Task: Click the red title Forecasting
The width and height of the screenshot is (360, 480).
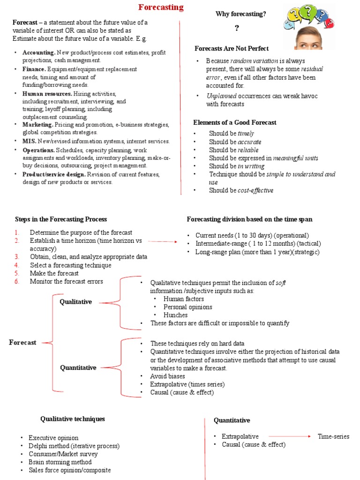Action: pos(161,7)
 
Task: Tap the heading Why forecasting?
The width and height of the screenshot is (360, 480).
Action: pos(240,14)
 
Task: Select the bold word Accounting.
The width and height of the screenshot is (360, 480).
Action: pos(39,52)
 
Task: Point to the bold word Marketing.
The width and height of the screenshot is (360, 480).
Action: pos(37,125)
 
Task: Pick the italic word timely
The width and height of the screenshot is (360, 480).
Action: pos(246,134)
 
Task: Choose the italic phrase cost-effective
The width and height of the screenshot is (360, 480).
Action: pos(255,190)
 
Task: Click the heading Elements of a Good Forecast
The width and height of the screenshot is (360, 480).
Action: pos(235,122)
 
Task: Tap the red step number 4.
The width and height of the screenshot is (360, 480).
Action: pos(16,265)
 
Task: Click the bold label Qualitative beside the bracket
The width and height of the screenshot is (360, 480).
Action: pos(75,302)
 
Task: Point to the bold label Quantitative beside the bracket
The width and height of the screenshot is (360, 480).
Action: pos(78,367)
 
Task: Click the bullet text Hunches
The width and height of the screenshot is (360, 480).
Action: pos(175,315)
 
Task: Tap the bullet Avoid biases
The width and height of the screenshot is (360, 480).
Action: pos(167,376)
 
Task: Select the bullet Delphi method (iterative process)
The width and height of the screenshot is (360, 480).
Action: pos(74,446)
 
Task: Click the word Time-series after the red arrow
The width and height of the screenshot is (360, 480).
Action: pos(333,436)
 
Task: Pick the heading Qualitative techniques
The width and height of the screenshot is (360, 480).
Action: pos(73,419)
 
